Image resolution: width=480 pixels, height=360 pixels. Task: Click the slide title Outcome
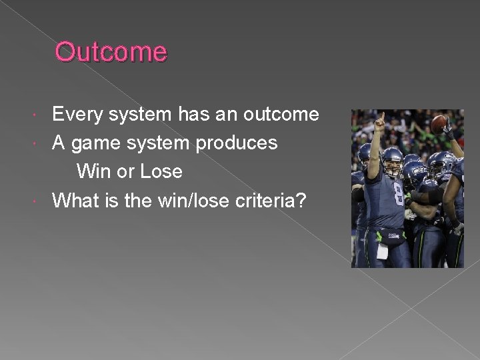pos(111,52)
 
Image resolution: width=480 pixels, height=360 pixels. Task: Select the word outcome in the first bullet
pos(281,115)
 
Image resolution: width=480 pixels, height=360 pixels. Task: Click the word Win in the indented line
pos(94,171)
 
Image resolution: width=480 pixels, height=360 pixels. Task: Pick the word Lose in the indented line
pos(161,171)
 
